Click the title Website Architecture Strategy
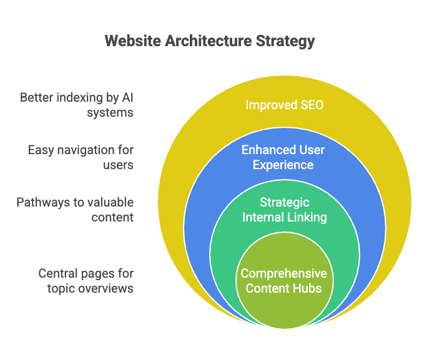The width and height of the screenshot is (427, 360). coord(210,41)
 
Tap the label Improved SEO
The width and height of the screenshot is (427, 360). coord(285,105)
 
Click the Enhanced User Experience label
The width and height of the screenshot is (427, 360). coord(283,157)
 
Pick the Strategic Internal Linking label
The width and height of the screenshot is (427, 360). coord(284,210)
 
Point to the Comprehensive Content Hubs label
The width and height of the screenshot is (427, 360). coord(284,281)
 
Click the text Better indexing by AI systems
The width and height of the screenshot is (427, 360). coord(77,105)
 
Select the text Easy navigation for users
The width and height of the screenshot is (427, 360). coord(81,157)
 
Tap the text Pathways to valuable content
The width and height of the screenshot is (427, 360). coord(75,210)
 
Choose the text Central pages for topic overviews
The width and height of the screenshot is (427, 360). coord(86,281)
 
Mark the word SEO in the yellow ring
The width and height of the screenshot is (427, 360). coord(312,105)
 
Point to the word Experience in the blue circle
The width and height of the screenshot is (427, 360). coord(283,165)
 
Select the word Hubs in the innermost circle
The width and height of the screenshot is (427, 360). coord(309,288)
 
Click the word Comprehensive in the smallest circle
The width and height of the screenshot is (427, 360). coord(284,274)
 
